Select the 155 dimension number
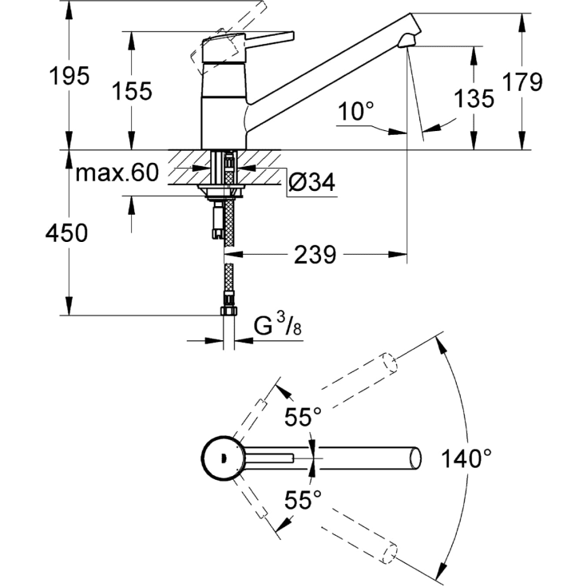(x=133, y=91)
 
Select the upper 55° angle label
(x=303, y=416)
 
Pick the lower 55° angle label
(x=303, y=500)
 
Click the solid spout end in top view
(x=414, y=458)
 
